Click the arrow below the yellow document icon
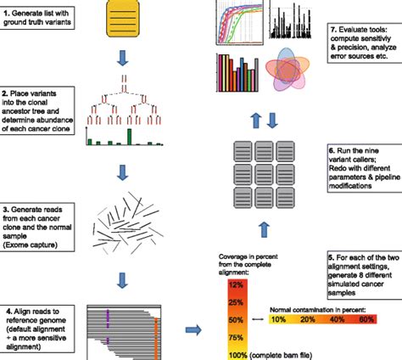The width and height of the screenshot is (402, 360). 123,57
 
